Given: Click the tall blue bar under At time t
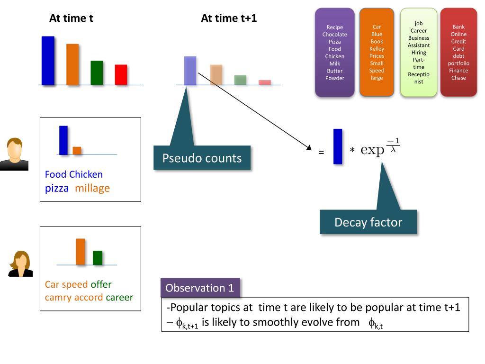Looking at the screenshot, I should [x=48, y=61].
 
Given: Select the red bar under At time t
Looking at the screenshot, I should [x=121, y=75].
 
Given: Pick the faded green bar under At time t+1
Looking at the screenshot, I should [x=240, y=80].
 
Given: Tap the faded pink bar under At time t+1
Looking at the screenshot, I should [x=265, y=82].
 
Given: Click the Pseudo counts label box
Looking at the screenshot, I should [x=202, y=158].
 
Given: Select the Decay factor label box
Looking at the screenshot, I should [x=368, y=222].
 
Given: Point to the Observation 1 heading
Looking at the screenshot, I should [x=200, y=288].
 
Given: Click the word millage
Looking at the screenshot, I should [x=92, y=188].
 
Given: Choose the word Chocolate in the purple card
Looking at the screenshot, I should [x=335, y=35].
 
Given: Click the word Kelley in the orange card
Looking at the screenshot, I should [x=377, y=49].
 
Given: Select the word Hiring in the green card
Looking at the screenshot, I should [x=419, y=53].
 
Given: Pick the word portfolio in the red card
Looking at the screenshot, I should [x=458, y=64].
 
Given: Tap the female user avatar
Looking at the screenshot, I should [x=20, y=264].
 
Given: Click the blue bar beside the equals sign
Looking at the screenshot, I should [x=338, y=146].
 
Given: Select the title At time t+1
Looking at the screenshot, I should [x=229, y=18].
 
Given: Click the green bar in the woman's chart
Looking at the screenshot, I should [x=98, y=258].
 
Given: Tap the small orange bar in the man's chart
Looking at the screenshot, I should [x=77, y=151].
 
